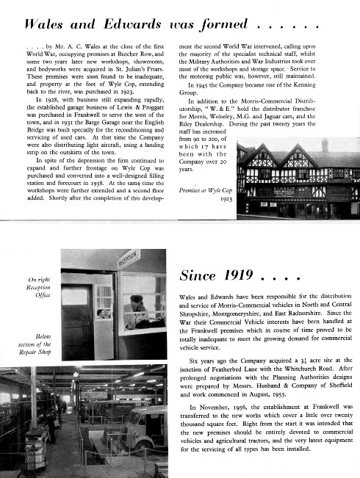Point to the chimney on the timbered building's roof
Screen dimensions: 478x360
tap(324, 145)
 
